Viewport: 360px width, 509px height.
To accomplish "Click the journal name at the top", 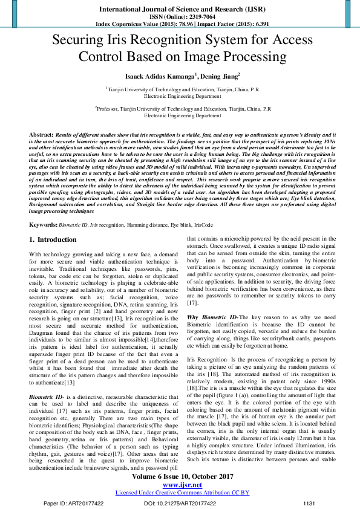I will (x=179, y=9).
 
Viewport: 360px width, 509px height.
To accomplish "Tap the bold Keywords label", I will (x=43, y=225).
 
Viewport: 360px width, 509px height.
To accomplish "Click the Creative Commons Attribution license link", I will (x=182, y=493).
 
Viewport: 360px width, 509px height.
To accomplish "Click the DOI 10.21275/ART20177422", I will (x=178, y=503).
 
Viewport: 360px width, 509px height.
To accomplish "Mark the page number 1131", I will (x=309, y=503).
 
